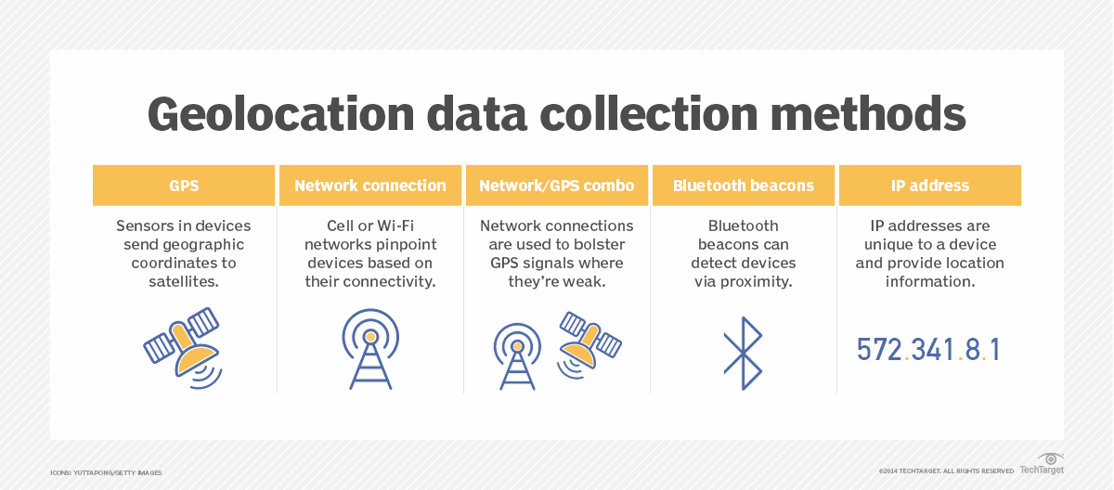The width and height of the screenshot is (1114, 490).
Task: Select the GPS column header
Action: [x=184, y=186]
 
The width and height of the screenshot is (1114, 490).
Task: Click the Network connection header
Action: [x=370, y=186]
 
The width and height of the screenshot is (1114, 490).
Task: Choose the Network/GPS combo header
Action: [x=557, y=186]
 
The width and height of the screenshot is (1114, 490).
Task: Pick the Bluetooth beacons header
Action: [x=744, y=186]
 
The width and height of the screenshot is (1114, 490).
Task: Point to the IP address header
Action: [x=929, y=186]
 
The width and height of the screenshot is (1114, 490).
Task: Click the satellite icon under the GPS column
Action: [x=183, y=346]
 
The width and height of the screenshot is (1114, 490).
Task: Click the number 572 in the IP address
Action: [x=879, y=350]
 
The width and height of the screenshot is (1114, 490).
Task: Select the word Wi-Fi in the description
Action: [x=394, y=226]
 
